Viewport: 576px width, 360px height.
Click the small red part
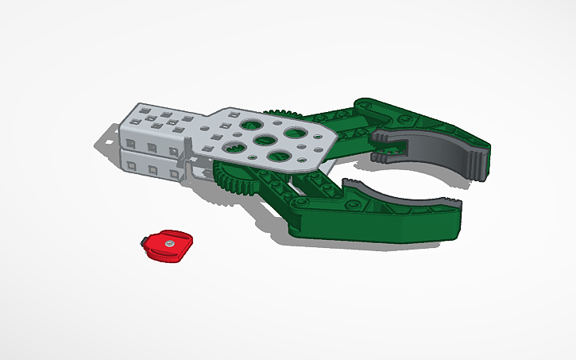[x=168, y=246]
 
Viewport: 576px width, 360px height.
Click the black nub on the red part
[x=144, y=240]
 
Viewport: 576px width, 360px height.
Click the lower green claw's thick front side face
[x=373, y=230]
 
